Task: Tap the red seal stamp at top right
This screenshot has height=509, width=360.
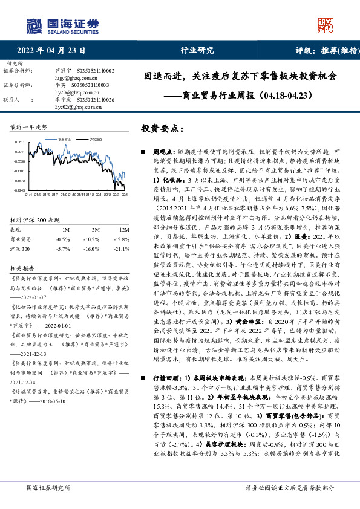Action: point(326,24)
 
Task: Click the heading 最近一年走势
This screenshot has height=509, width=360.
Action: point(28,128)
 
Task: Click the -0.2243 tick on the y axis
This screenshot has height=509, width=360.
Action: point(19,190)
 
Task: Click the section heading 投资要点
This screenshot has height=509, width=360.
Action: point(162,129)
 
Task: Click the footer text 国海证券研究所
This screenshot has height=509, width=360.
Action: point(45,488)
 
